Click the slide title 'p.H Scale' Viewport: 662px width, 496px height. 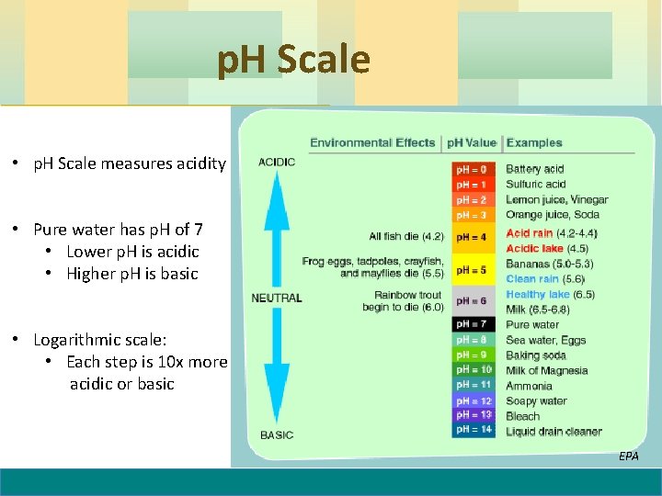[293, 60]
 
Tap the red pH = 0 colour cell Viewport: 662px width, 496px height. [474, 169]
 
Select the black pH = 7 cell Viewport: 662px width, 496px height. [474, 324]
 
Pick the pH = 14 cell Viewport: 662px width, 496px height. [474, 430]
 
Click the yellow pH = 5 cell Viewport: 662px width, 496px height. [474, 270]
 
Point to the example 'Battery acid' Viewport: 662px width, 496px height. [534, 169]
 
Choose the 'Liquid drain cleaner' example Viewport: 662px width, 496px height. [554, 431]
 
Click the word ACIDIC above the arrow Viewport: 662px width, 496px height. [277, 163]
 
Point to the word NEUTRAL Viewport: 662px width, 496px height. [277, 298]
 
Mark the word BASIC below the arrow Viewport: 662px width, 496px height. [277, 434]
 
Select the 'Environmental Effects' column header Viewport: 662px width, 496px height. [372, 142]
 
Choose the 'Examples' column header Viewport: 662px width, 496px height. [534, 142]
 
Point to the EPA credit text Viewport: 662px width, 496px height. [628, 456]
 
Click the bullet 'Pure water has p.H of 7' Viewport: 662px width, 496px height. [118, 230]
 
